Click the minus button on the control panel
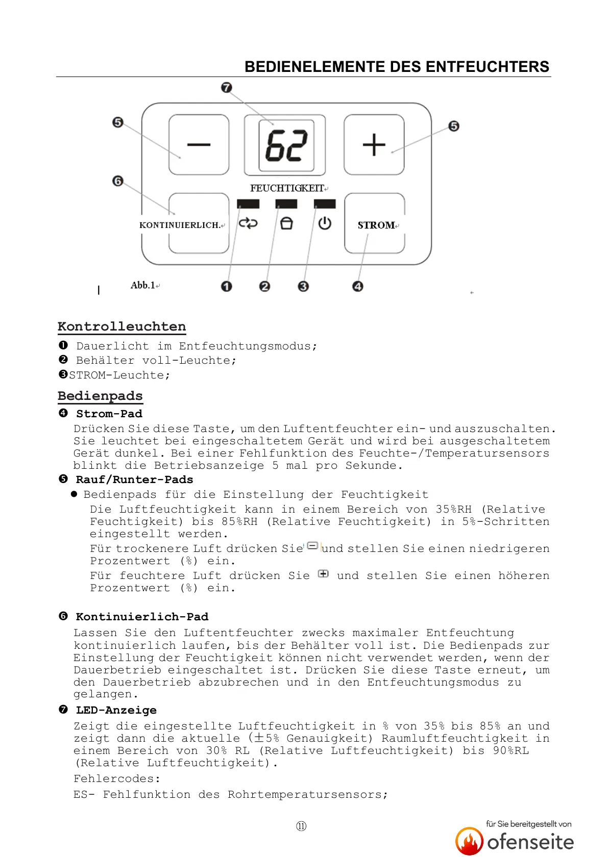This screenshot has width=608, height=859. [199, 145]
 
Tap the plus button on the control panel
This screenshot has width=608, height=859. [374, 145]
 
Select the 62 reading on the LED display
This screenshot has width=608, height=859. [286, 146]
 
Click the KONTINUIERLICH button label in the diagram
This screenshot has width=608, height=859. [180, 225]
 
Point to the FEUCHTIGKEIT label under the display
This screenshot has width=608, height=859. [287, 188]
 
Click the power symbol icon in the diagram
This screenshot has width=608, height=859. [325, 223]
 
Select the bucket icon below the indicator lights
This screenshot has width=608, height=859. [287, 223]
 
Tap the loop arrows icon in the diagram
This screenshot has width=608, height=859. [248, 223]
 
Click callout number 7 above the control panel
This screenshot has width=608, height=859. [227, 88]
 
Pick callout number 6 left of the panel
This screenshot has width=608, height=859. [118, 181]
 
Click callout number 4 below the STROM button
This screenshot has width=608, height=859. [358, 286]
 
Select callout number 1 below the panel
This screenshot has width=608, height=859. [227, 286]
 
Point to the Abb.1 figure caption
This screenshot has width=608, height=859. [143, 285]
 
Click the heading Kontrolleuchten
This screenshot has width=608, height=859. [121, 326]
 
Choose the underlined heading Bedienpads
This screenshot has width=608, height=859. [100, 396]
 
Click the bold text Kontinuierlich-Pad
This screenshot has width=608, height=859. [142, 617]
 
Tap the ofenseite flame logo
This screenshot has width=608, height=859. [469, 841]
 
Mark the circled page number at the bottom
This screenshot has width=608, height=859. [301, 826]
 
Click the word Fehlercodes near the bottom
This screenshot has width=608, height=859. [117, 779]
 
